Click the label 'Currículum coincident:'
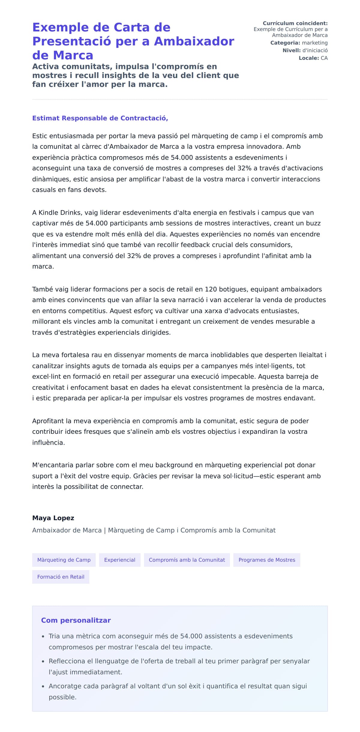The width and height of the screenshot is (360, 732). (295, 23)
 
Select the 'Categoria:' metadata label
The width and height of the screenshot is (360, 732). (285, 43)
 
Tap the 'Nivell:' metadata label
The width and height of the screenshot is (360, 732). (291, 50)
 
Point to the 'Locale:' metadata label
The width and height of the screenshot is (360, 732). (309, 58)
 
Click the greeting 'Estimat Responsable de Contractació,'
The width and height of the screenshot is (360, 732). (100, 118)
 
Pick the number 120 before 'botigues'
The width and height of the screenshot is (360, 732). (211, 289)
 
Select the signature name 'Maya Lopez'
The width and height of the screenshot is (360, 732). (53, 518)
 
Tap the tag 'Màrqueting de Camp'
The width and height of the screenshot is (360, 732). (64, 560)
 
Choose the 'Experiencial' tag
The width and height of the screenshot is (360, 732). (120, 560)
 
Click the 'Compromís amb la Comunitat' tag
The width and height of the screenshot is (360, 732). (187, 560)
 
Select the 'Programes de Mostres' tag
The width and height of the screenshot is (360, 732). (267, 560)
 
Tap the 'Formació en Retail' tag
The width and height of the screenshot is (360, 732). (61, 577)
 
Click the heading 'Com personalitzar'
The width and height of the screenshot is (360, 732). (76, 620)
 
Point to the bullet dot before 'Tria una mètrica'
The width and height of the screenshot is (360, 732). (43, 636)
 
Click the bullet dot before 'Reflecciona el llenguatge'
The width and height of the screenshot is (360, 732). (43, 661)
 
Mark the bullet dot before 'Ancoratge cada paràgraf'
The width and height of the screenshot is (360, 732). (43, 686)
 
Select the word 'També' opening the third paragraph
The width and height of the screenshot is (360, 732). (41, 289)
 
